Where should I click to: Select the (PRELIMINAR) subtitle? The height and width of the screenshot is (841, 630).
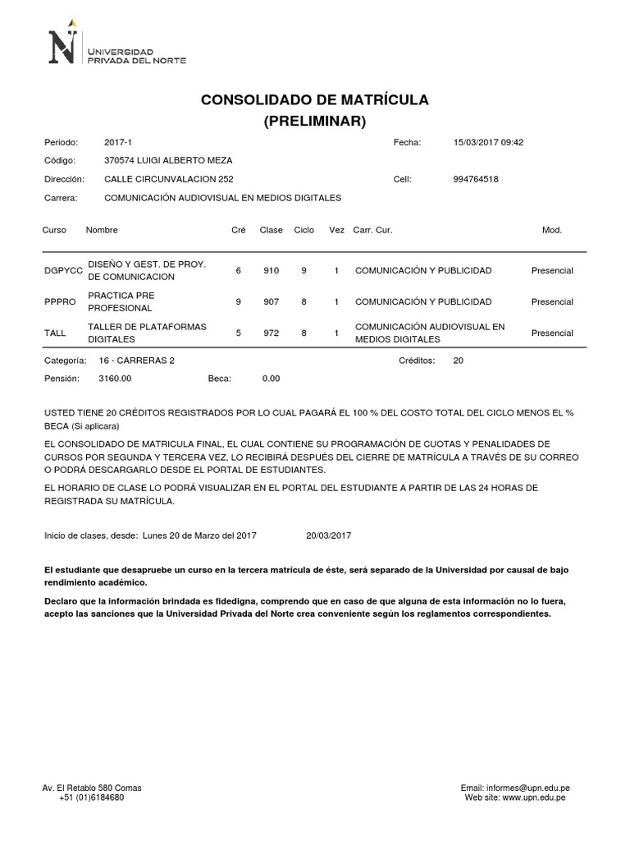pos(314,122)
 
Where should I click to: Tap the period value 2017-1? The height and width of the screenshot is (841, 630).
pos(116,142)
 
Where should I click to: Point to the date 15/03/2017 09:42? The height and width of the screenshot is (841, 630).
pos(488,142)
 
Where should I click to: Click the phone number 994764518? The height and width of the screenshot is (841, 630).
pos(476,179)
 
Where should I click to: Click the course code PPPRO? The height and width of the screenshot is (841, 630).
pos(59,301)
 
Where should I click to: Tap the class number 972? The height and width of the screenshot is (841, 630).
pos(272,333)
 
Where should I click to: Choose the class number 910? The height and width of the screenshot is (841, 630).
pos(272,270)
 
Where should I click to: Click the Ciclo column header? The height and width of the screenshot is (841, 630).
pos(304,230)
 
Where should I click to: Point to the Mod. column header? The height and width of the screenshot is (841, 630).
pos(552,230)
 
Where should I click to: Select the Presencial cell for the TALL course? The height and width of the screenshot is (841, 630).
pos(552,333)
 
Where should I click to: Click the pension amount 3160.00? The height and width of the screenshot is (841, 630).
pos(115,379)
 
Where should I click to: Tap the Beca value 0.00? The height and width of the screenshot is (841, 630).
pos(271,379)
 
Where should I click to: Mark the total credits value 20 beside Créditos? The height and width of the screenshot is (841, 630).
pos(458,361)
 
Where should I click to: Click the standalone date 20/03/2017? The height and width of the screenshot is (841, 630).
pos(328,535)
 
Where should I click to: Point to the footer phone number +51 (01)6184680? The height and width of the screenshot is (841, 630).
pos(92,797)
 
